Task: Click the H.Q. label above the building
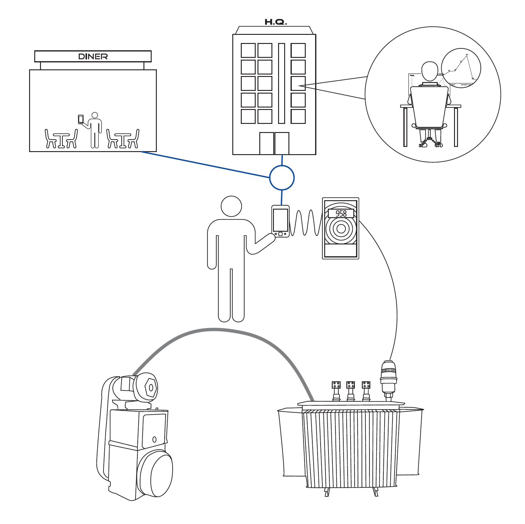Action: (275, 22)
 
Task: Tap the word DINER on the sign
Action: (93, 56)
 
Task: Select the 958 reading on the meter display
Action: (341, 213)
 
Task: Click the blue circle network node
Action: (282, 177)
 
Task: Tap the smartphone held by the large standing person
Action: (280, 221)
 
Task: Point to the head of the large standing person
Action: (231, 206)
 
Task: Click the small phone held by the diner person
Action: (81, 119)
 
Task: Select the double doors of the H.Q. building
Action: (274, 143)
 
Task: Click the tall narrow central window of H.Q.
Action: (281, 83)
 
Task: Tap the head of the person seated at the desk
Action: (429, 71)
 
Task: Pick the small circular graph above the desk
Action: (461, 68)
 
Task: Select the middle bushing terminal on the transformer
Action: (351, 390)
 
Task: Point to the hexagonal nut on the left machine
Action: (151, 387)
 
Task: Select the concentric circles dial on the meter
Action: (341, 229)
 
